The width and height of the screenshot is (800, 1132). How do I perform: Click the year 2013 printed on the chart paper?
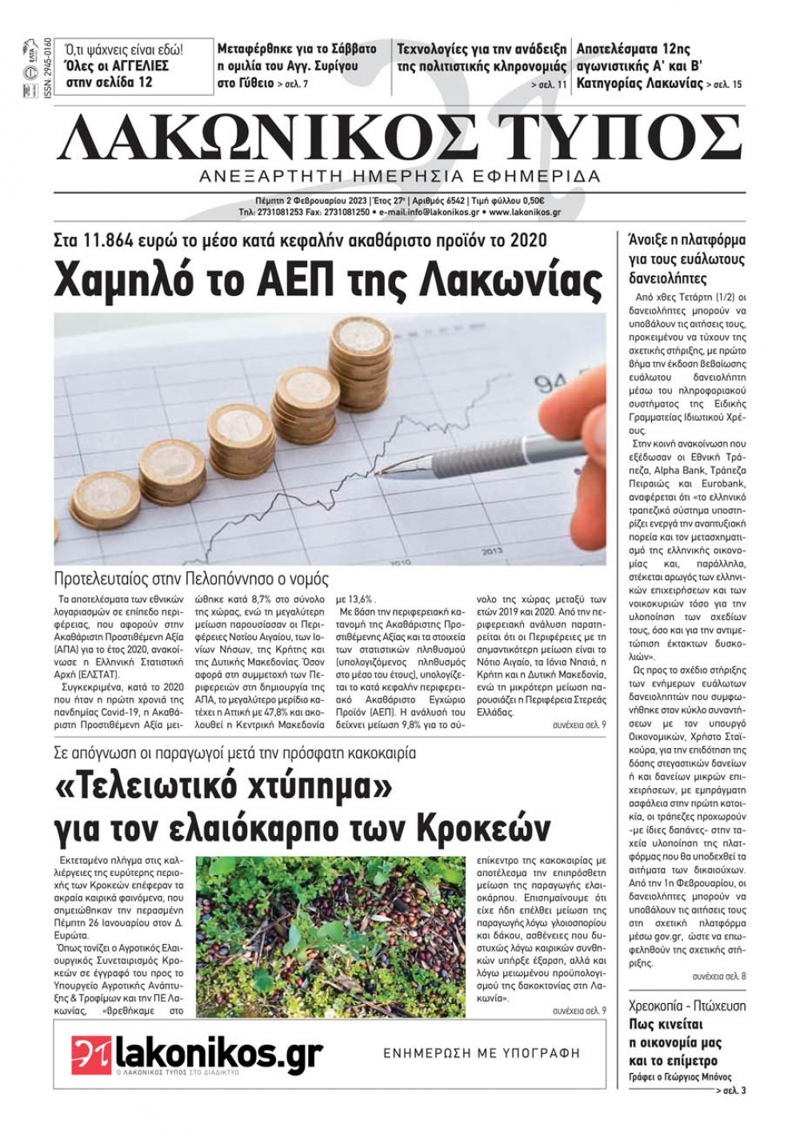pos(492,552)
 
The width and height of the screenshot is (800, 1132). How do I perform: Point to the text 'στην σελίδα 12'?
pos(109,82)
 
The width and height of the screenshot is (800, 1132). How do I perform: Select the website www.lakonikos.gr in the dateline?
pos(523,213)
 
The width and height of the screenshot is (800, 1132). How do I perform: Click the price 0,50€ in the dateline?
pos(530,201)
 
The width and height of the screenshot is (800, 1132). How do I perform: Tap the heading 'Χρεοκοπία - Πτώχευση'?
pos(687,1005)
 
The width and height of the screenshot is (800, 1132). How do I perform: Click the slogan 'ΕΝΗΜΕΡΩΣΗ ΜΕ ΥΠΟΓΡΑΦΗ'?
pos(482,1053)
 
